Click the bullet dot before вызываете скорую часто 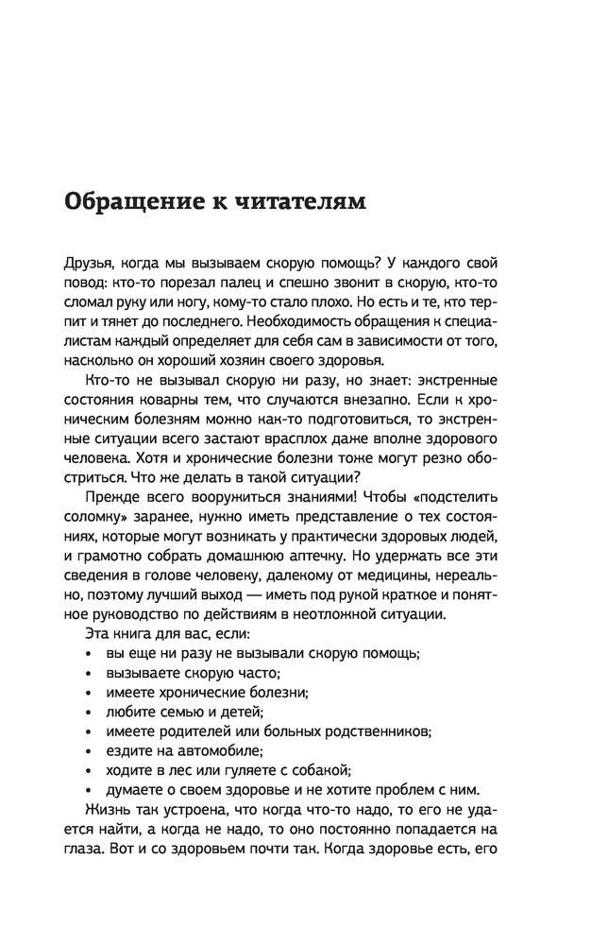pos(88,674)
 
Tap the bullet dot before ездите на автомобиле pos(88,751)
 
